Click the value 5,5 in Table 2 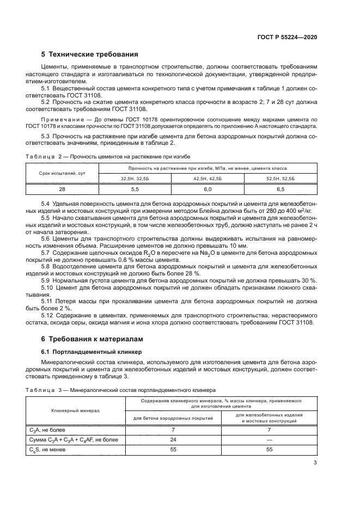pos(138,189)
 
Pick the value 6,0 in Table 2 pos(208,189)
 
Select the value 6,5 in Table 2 pos(280,189)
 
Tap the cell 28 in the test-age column pos(62,189)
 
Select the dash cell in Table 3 pos(269,439)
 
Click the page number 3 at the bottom pos(315,463)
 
